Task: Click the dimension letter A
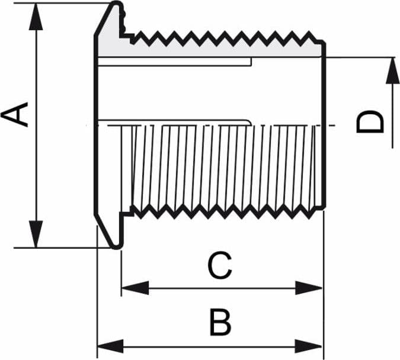tap(14, 114)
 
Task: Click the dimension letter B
tap(220, 322)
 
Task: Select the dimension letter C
tap(220, 265)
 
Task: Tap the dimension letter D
tap(370, 121)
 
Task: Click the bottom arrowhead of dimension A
tap(36, 234)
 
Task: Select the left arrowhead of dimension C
tap(135, 288)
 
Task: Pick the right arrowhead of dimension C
tap(309, 288)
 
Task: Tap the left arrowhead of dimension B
tap(110, 346)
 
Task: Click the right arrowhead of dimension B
tap(309, 346)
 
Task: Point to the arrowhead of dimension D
tap(392, 70)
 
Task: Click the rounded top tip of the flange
tap(117, 2)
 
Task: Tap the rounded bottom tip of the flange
tap(117, 247)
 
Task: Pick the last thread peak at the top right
tap(309, 32)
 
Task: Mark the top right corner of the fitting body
tap(324, 41)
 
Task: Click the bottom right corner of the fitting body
tap(324, 208)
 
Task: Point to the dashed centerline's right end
tap(335, 125)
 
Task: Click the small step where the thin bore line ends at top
tap(251, 62)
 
